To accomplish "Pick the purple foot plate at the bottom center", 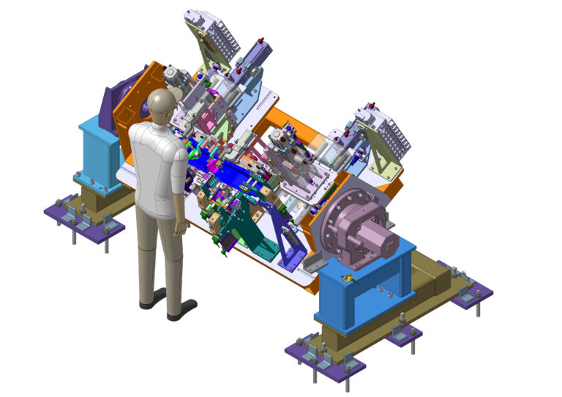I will (326, 358).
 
